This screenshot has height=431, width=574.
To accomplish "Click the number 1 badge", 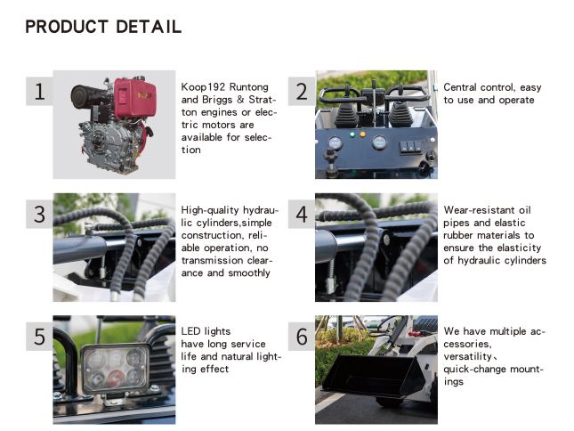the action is coord(39,91).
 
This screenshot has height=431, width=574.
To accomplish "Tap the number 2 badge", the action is coord(302,91).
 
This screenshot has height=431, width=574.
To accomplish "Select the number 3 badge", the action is coord(39,215).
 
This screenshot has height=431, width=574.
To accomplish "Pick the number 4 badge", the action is coord(302,215).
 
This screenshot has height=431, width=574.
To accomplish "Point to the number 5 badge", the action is coord(39,337).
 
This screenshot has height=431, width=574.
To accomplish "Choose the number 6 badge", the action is coord(302,337).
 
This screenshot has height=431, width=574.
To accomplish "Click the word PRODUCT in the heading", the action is coord(67,27).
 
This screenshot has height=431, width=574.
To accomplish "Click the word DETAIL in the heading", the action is coord(149,27).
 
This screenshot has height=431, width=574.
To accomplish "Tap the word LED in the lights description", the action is coord(189,331).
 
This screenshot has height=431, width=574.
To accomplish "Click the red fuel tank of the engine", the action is coord(134,99).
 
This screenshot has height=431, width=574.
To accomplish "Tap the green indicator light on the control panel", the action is coord(352,134).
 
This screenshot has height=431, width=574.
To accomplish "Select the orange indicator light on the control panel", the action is coord(362,134).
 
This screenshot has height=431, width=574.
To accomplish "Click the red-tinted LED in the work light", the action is coord(116,378).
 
